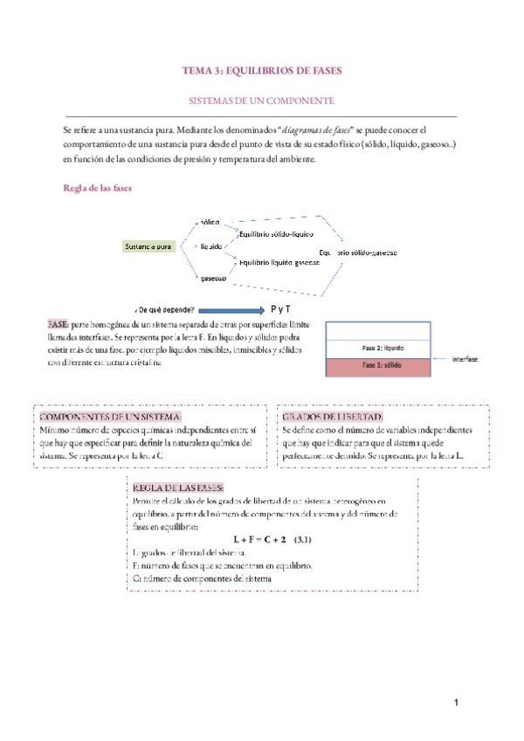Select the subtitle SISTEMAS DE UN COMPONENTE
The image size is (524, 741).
pyautogui.click(x=262, y=101)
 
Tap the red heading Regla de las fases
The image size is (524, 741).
pyautogui.click(x=97, y=187)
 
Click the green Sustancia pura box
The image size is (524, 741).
pyautogui.click(x=148, y=246)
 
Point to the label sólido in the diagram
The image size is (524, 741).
pyautogui.click(x=210, y=223)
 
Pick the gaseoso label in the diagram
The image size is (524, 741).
pyautogui.click(x=214, y=278)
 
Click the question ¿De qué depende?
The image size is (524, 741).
pyautogui.click(x=165, y=310)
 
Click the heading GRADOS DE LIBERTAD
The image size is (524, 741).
pyautogui.click(x=332, y=418)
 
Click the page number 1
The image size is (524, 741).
pyautogui.click(x=456, y=703)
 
